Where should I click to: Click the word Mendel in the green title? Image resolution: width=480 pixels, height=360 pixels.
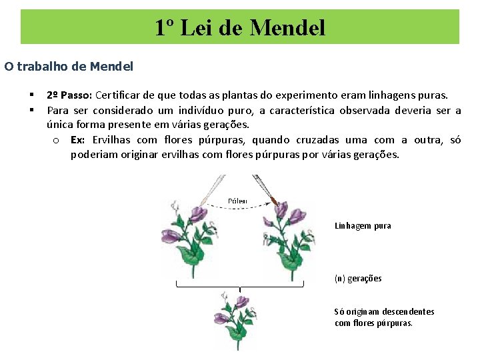[x=288, y=27]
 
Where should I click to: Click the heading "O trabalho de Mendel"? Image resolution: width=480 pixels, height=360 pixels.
[x=69, y=66]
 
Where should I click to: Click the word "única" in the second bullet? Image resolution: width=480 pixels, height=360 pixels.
[x=61, y=125]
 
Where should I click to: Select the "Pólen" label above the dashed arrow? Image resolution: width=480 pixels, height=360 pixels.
[x=237, y=201]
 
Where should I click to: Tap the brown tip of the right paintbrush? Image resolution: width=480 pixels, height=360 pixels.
[x=273, y=199]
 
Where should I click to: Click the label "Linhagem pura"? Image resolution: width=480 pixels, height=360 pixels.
[x=363, y=226]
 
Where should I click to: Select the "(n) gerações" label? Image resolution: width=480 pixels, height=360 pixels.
[x=358, y=279]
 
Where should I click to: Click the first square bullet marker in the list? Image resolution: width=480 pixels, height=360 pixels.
[x=31, y=95]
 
